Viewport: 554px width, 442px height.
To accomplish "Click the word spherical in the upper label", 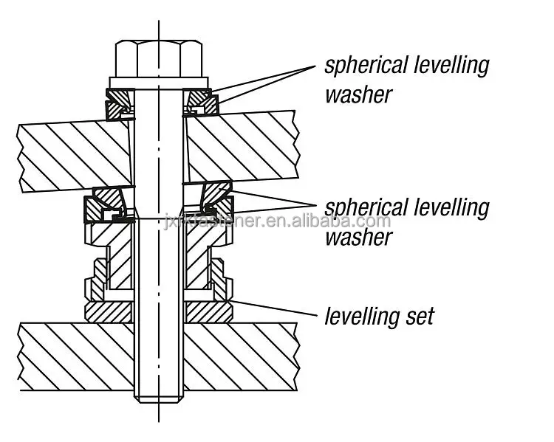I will (367, 65).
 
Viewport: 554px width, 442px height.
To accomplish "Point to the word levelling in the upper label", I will (452, 65).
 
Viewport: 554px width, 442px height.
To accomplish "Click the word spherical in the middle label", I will (367, 207).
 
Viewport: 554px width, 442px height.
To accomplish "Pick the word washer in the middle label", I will (358, 237).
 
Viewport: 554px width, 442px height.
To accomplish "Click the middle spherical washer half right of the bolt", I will (215, 199).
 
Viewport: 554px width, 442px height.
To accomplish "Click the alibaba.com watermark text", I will (310, 221).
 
